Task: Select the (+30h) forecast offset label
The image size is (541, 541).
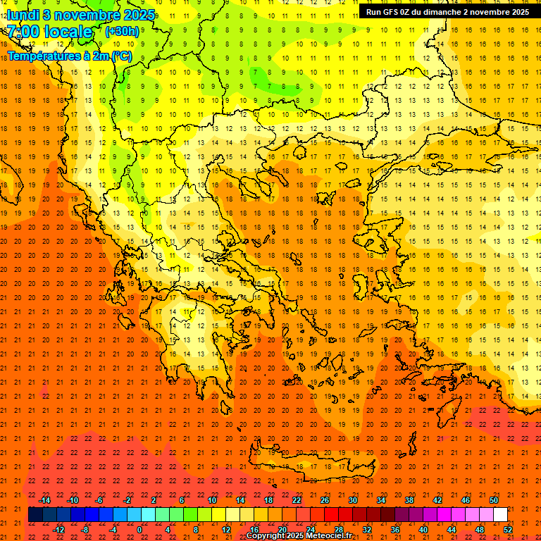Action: coord(122,32)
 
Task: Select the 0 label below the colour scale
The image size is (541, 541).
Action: coord(139,530)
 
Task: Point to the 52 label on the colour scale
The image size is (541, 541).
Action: coord(508,530)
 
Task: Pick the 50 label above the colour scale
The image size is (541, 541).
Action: coord(494,500)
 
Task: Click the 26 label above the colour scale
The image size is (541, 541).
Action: coord(325,500)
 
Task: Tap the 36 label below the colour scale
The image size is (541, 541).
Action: coord(395,530)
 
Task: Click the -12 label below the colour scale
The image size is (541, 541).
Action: coord(58,530)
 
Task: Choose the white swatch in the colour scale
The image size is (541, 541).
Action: coord(500,515)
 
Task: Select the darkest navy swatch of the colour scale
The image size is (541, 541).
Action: coord(35,515)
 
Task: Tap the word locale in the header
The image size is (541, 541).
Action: coord(68,32)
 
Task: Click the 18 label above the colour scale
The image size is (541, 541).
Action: coord(268,500)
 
